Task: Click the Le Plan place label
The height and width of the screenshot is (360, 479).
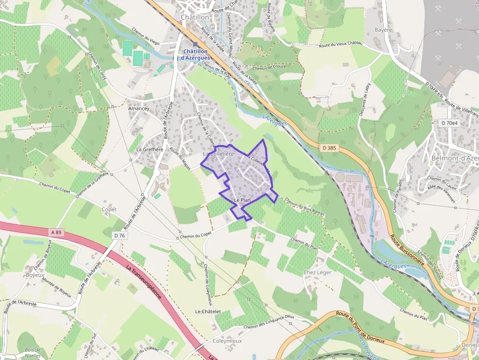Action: click(x=242, y=200)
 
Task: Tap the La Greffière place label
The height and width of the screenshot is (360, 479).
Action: click(x=150, y=149)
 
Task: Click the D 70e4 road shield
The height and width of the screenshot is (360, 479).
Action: click(x=449, y=123)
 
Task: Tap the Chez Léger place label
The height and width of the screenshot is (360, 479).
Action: click(x=317, y=273)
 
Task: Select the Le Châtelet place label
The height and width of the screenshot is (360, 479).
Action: click(x=208, y=311)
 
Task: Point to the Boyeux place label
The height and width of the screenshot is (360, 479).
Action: click(x=35, y=275)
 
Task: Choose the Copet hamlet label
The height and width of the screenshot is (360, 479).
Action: click(x=109, y=210)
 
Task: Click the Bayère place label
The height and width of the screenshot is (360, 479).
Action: click(x=383, y=30)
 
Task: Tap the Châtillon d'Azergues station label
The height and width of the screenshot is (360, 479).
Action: click(x=195, y=54)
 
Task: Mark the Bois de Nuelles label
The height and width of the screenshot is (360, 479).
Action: click(x=33, y=353)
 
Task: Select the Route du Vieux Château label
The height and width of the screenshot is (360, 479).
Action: click(x=341, y=44)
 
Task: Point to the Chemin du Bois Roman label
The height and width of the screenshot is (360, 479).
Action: click(x=304, y=207)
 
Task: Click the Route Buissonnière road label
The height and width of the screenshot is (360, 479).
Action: click(x=406, y=250)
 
